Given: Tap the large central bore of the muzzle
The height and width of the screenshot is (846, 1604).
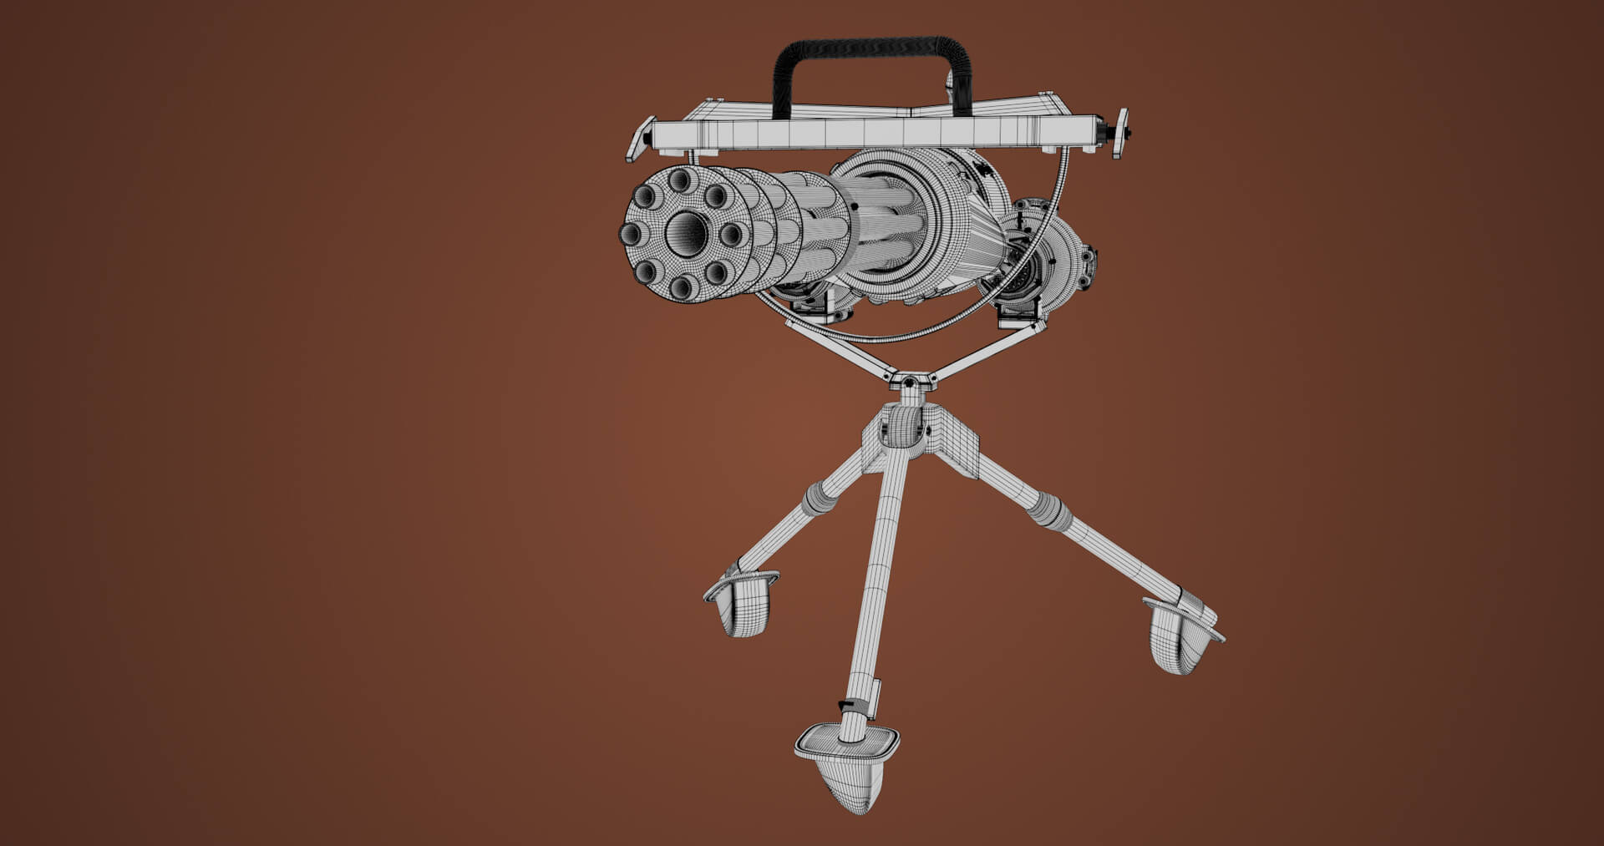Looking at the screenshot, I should (x=687, y=231).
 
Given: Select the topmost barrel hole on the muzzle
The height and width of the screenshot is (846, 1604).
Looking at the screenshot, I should (x=681, y=178).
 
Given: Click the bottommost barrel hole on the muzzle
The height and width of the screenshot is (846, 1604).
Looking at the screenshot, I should (x=683, y=287).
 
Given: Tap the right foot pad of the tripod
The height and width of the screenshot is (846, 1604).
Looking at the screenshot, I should (x=1181, y=636).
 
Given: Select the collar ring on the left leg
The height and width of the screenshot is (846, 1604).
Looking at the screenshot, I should (x=819, y=499).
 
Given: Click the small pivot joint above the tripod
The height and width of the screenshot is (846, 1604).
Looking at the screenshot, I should (x=909, y=382).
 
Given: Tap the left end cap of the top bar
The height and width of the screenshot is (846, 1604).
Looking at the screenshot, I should (x=642, y=139).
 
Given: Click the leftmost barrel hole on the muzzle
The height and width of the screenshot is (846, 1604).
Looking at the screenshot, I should (x=635, y=233).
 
